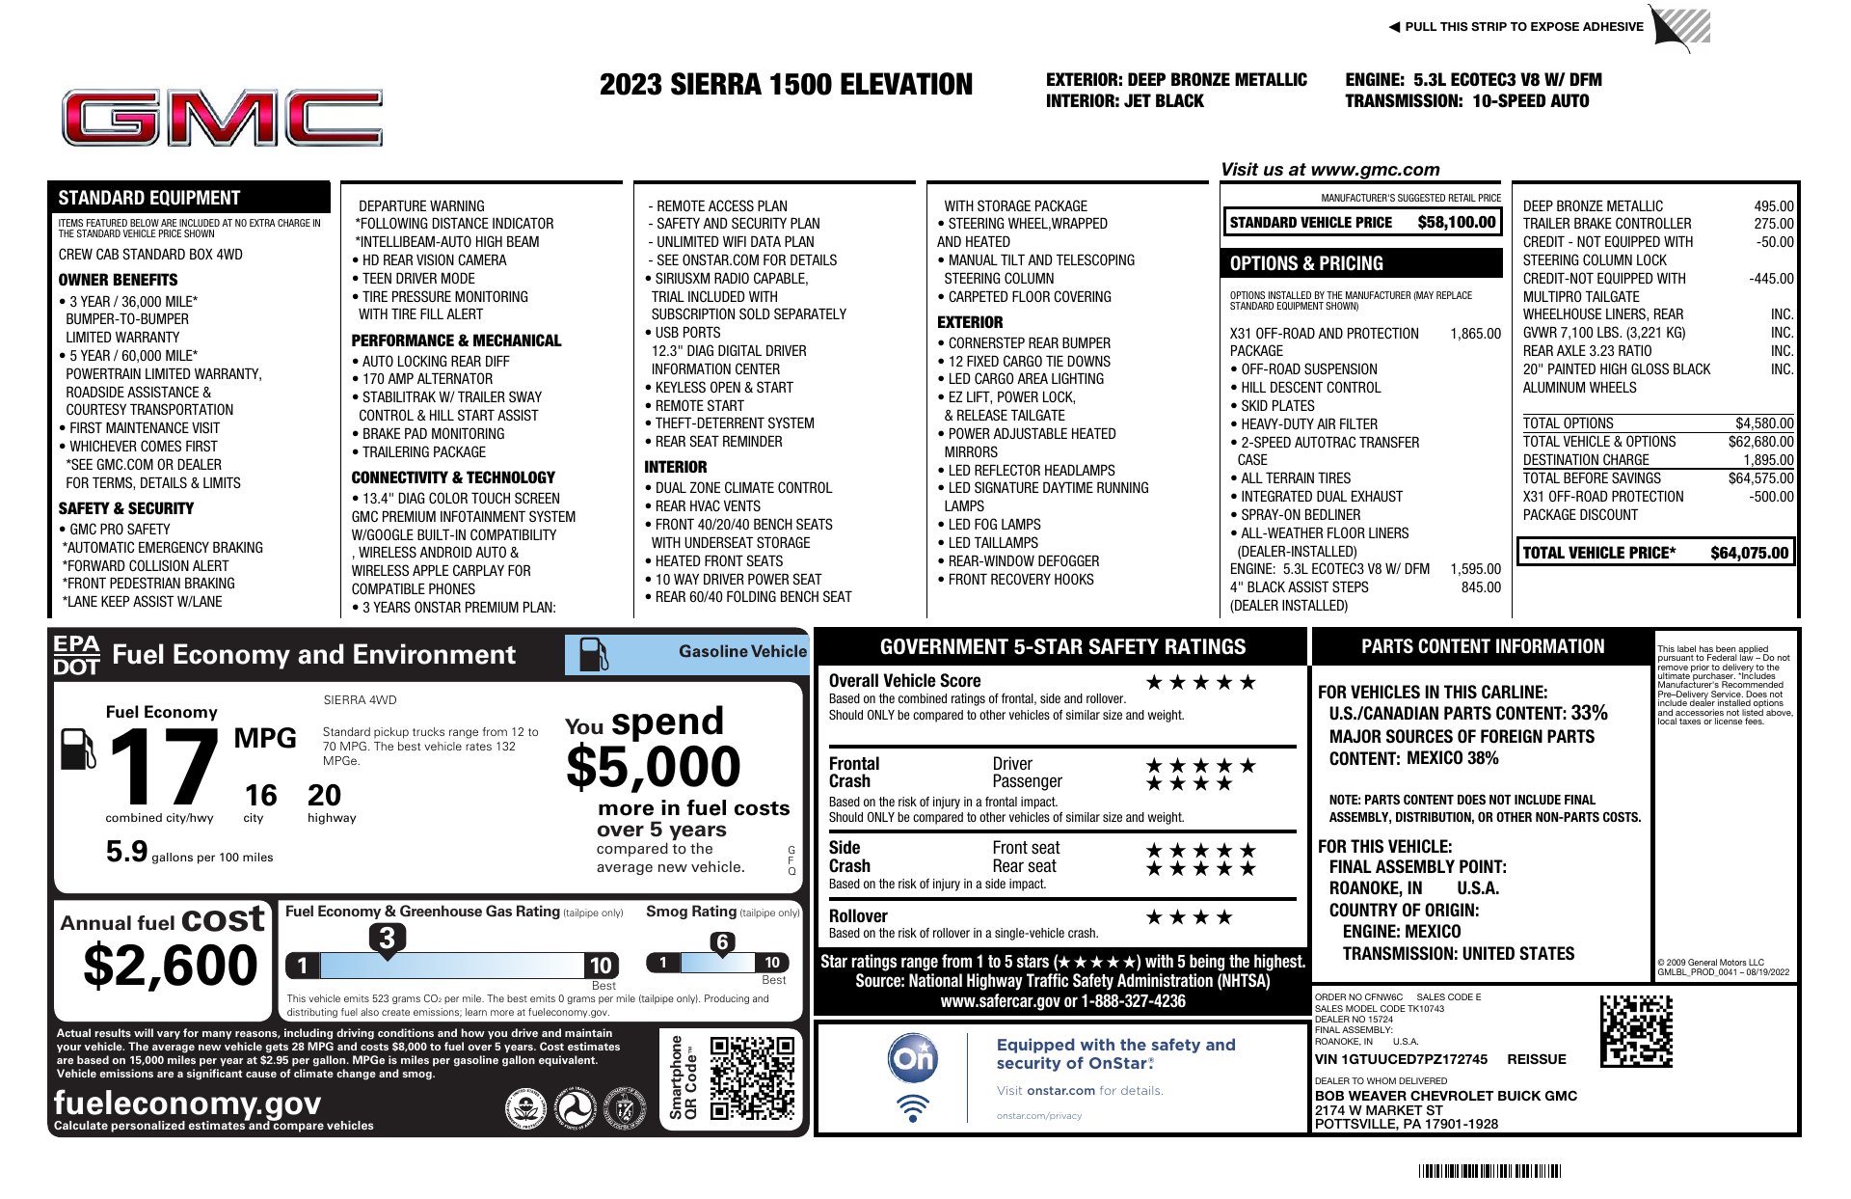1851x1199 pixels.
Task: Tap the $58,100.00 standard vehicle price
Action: pos(1456,223)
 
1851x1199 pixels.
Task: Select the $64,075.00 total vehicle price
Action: pos(1749,553)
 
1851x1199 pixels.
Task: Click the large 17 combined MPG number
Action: pos(164,767)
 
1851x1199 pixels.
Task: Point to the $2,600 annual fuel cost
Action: pos(171,966)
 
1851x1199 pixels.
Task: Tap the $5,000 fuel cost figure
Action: pos(653,768)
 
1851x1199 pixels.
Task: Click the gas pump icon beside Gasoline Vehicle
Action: pos(593,655)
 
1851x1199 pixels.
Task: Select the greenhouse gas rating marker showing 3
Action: pos(387,938)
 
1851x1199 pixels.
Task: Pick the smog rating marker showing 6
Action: pos(722,942)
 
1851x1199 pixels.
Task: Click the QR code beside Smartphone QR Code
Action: pos(752,1078)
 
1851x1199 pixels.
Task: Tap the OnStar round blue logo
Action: pos(912,1058)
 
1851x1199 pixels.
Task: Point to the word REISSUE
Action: pos(1537,1059)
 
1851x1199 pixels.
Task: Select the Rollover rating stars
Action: pos(1189,917)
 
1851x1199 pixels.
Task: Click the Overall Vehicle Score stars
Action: pos(1200,683)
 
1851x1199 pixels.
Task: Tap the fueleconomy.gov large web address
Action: pos(187,1103)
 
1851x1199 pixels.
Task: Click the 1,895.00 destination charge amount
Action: pos(1767,460)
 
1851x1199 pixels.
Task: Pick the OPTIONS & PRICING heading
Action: pos(1306,263)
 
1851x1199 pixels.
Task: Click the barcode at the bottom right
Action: pos(1489,1172)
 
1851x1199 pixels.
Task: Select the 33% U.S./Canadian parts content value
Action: pos(1589,714)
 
